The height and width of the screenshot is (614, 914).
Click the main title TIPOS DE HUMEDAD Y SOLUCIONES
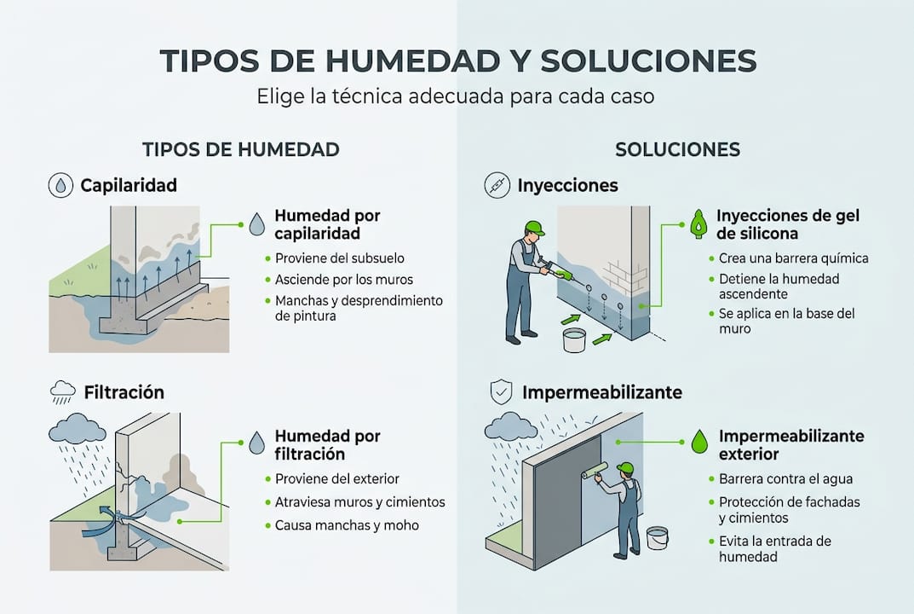coord(457,61)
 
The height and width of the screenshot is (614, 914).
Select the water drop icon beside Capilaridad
coord(61,185)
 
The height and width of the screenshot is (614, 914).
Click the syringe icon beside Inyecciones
coord(497,185)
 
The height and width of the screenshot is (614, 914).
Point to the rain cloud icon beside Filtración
coord(62,392)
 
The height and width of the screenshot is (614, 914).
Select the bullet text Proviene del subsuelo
coord(340,258)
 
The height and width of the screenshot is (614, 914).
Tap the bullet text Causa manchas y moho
coord(347,525)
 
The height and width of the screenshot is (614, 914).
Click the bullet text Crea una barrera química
coord(793,258)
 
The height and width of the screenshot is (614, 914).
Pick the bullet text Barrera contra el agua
coord(785,479)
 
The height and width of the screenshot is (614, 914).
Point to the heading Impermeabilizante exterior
coord(790,445)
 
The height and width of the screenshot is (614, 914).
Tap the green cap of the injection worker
coord(534,228)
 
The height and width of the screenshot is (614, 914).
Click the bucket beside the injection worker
coord(574,339)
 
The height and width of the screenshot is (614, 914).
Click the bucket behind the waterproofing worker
coord(657,537)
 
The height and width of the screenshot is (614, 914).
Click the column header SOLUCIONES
coord(677,149)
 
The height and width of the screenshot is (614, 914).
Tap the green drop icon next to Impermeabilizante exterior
coord(699,441)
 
